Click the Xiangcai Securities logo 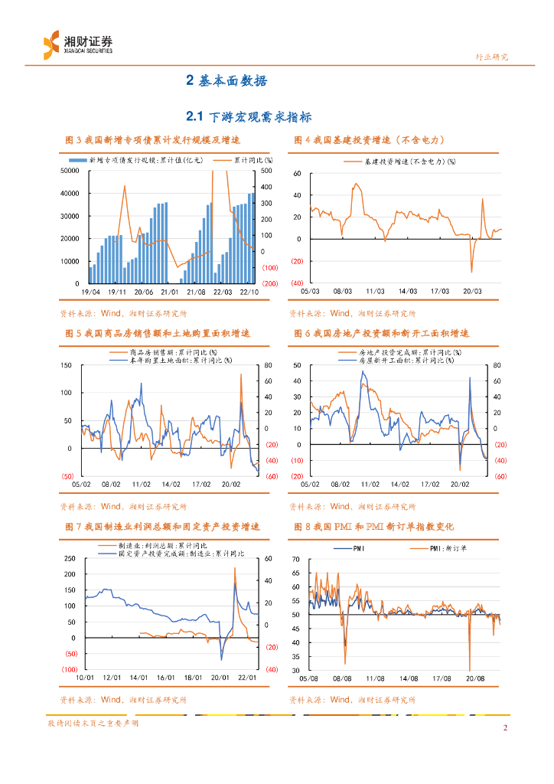click(x=77, y=43)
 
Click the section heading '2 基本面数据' click(x=226, y=80)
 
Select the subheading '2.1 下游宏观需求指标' click(x=249, y=116)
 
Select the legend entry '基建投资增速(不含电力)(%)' click(x=410, y=162)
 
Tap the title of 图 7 click(x=162, y=528)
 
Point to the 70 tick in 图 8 click(x=298, y=559)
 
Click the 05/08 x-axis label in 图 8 click(x=310, y=678)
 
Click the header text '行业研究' click(x=491, y=57)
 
